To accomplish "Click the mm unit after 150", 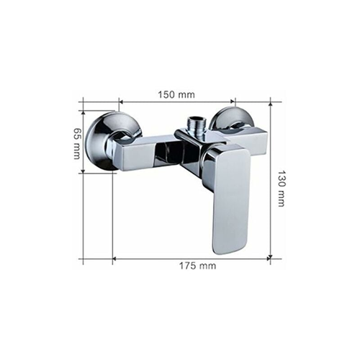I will [187, 94].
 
